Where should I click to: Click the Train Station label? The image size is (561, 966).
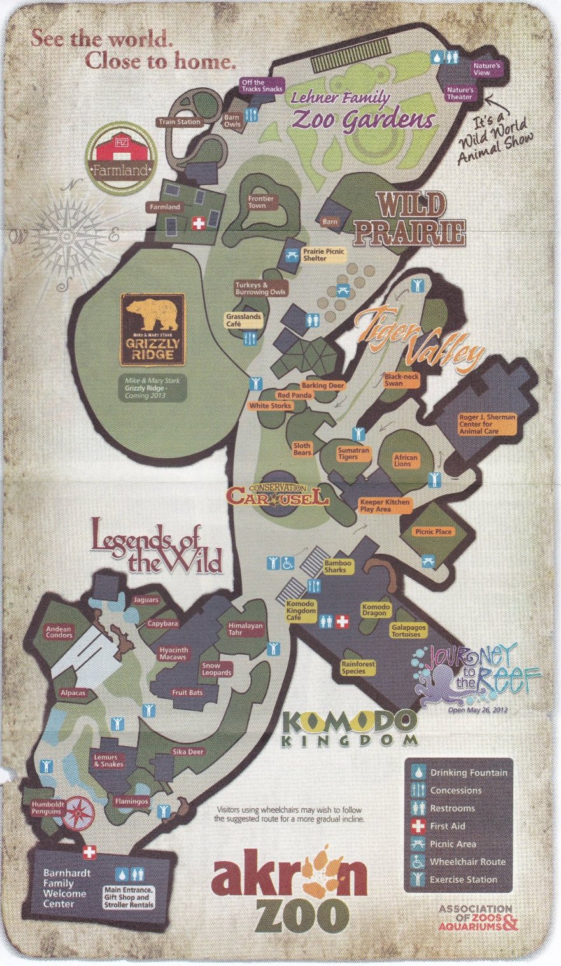pos(179,122)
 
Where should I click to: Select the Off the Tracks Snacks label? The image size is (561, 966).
pos(262,85)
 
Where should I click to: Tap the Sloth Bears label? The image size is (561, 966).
pos(302,449)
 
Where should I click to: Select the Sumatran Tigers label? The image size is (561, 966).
pos(353,453)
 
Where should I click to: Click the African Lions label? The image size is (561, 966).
pos(406,460)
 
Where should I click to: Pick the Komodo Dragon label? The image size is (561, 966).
pos(375,610)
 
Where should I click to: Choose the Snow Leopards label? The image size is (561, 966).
pos(217,669)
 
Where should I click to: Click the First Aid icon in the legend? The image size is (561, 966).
pos(418,826)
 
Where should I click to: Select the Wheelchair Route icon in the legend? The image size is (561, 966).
pos(418,862)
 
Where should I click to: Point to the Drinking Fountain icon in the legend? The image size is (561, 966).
pos(418,773)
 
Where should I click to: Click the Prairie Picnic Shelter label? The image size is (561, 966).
pos(323,255)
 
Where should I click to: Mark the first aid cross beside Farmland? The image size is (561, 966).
pos(199,223)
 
